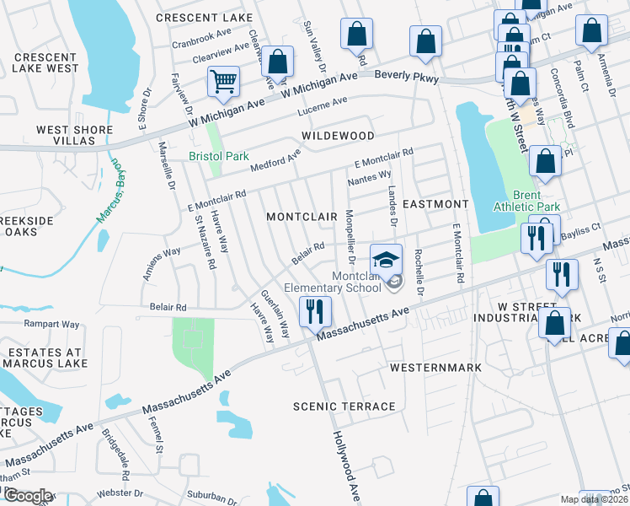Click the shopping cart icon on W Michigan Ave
click(224, 82)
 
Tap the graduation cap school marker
click(387, 259)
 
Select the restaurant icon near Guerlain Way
click(315, 311)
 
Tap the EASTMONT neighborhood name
click(435, 204)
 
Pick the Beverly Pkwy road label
click(407, 75)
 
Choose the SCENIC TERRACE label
click(344, 406)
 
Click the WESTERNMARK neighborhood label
click(435, 368)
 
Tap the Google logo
click(28, 497)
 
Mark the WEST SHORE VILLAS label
click(73, 136)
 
